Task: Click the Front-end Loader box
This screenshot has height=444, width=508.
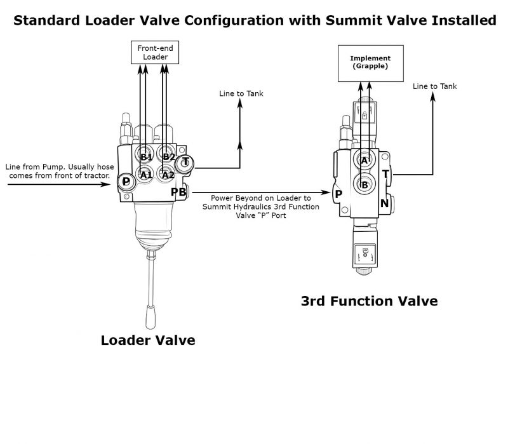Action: pyautogui.click(x=152, y=52)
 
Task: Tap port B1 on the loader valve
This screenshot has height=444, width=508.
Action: pyautogui.click(x=146, y=156)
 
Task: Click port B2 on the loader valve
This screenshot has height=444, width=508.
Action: pyautogui.click(x=168, y=156)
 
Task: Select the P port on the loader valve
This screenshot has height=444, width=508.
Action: pyautogui.click(x=126, y=182)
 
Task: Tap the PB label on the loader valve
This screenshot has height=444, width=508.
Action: pyautogui.click(x=178, y=192)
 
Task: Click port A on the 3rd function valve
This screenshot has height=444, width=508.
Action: pyautogui.click(x=364, y=161)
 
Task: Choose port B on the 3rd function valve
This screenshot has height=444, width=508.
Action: pyautogui.click(x=364, y=185)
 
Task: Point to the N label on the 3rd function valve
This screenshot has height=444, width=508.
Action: pyautogui.click(x=384, y=203)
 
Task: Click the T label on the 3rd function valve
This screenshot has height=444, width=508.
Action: pyautogui.click(x=385, y=174)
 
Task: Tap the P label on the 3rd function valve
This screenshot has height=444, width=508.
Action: pyautogui.click(x=338, y=194)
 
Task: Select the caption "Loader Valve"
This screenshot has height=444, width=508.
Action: pyautogui.click(x=148, y=340)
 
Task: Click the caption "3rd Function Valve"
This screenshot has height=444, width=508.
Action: pyautogui.click(x=369, y=300)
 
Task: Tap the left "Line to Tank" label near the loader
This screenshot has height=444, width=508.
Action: pyautogui.click(x=241, y=94)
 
